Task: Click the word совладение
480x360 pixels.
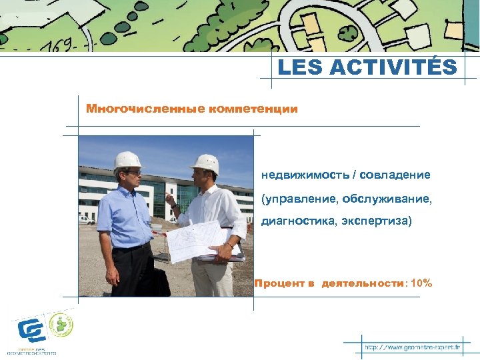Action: pyautogui.click(x=396, y=175)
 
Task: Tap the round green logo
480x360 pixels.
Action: pyautogui.click(x=63, y=324)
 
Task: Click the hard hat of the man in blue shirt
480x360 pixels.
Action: pyautogui.click(x=127, y=160)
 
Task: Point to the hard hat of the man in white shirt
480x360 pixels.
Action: pyautogui.click(x=206, y=163)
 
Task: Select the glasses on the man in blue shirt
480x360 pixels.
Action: pyautogui.click(x=133, y=173)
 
